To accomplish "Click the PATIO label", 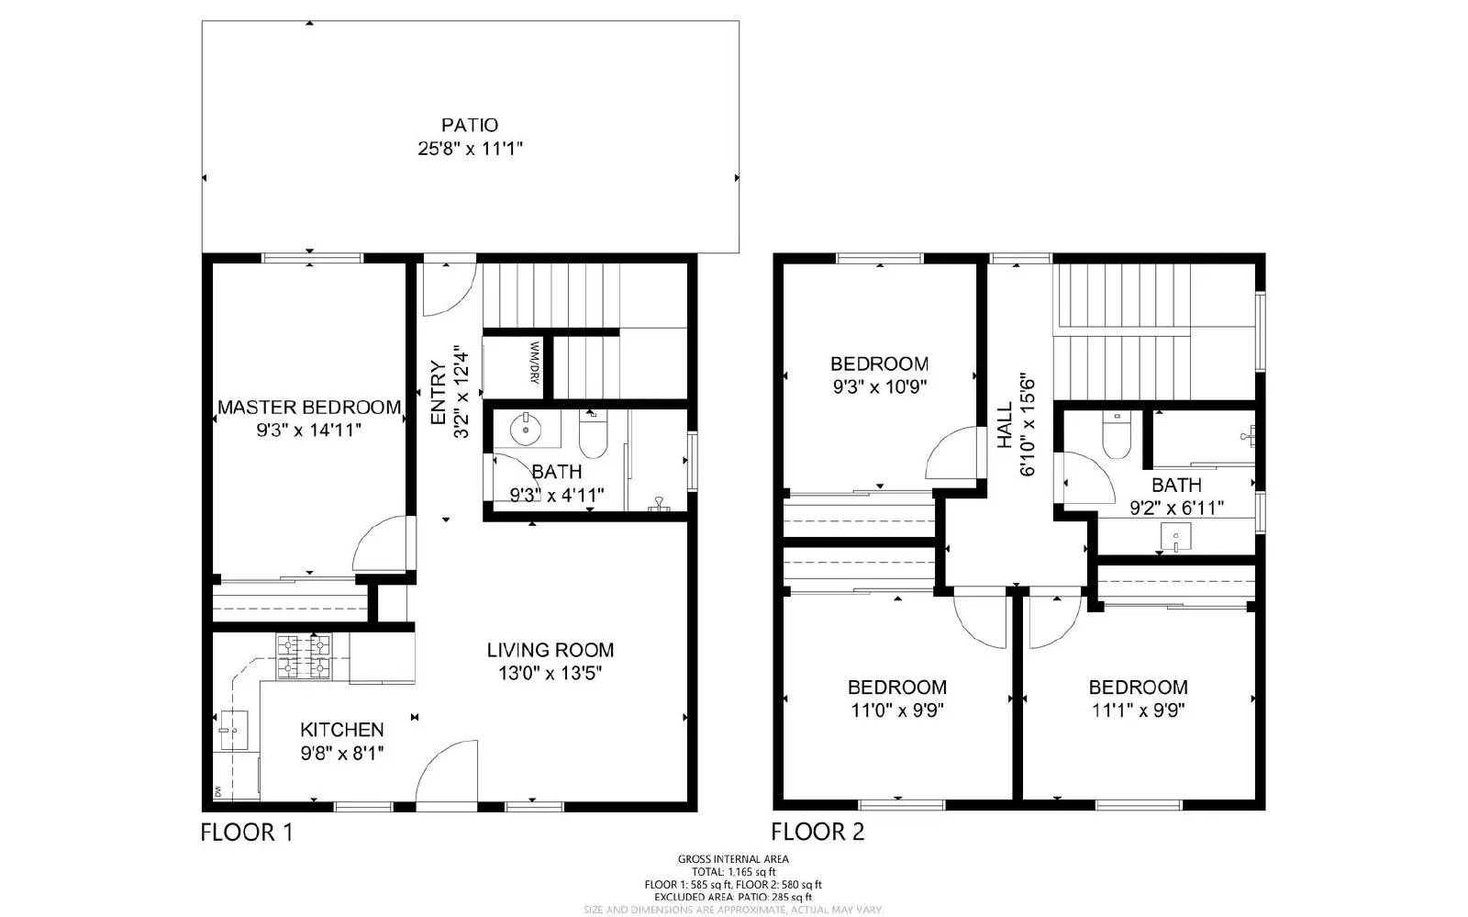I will tap(470, 125).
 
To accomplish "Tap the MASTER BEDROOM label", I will tap(309, 407).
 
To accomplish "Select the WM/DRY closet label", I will tap(533, 363).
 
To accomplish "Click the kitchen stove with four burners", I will tap(304, 657).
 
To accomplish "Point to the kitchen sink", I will tap(233, 731).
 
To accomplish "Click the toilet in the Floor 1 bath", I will tap(593, 437).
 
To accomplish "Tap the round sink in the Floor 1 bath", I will tap(526, 428).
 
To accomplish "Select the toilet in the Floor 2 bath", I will tap(1116, 436).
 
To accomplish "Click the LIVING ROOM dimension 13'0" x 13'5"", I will tap(550, 673).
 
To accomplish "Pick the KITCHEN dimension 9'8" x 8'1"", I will tap(342, 753).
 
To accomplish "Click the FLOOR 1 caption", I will tap(247, 833).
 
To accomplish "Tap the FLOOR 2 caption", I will tap(817, 833).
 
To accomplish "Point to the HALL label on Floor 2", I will tap(1005, 425).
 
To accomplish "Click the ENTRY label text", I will tap(439, 393).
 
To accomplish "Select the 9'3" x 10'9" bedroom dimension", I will tap(879, 386).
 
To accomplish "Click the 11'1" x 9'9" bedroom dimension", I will tap(1139, 710).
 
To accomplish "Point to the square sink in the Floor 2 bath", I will tap(1175, 536).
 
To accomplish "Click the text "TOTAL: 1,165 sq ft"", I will tap(733, 871).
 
